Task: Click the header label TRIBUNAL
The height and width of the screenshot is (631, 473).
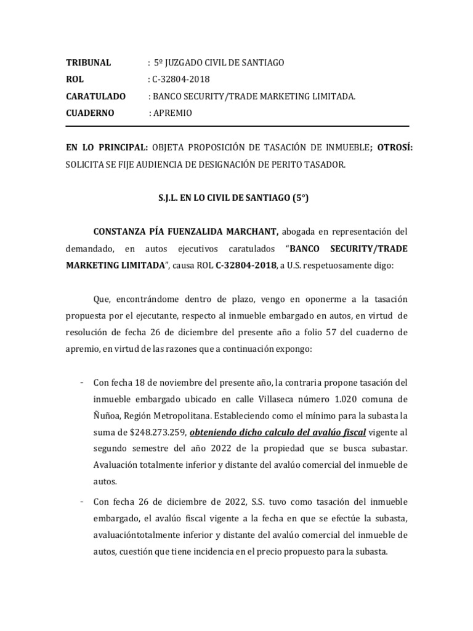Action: tap(88, 63)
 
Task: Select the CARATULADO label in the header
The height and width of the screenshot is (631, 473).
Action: tap(95, 97)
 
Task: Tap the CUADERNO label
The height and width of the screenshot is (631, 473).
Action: tap(91, 113)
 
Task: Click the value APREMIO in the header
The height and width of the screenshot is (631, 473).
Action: tap(172, 113)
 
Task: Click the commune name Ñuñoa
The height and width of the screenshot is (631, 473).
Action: tap(106, 415)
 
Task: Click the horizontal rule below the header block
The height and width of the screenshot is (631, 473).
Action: tap(236, 128)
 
